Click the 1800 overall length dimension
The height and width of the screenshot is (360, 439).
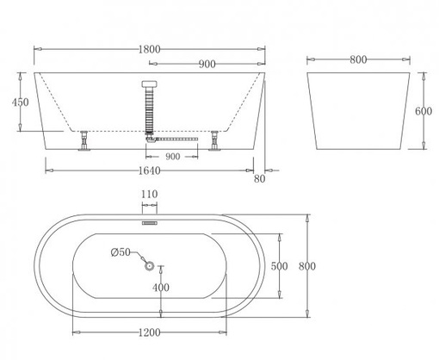[x=149, y=50]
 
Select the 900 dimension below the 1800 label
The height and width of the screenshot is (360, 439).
[x=207, y=64]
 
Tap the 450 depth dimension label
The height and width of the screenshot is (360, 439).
[x=20, y=102]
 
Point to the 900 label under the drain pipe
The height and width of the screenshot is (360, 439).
[x=173, y=157]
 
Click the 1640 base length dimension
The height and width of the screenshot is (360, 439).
[x=149, y=171]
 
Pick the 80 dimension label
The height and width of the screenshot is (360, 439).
[x=259, y=179]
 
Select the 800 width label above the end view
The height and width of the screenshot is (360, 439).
[x=358, y=59]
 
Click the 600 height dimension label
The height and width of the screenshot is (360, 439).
[x=424, y=111]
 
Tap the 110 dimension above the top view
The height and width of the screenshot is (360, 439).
[x=149, y=195]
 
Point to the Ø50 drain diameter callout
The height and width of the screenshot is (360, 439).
[x=121, y=252]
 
